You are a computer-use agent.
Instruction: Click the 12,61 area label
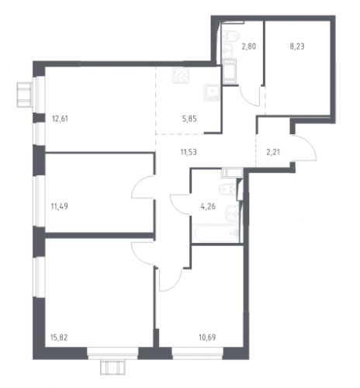pos(60,119)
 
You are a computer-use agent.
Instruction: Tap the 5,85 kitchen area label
pos(189,119)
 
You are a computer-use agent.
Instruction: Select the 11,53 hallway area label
pos(189,152)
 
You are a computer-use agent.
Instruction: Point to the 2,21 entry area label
pos(273,152)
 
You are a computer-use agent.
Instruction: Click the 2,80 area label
pos(249,47)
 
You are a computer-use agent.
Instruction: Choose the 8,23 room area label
pos(297,47)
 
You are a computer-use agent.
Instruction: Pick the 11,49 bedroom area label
pos(60,206)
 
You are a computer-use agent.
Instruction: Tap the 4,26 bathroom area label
pos(208,206)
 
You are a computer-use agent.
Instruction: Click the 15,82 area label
pos(59,338)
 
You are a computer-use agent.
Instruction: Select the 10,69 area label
pos(207,338)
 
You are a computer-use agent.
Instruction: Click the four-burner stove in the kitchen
pos(181,75)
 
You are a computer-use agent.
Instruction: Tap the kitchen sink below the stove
pos(212,92)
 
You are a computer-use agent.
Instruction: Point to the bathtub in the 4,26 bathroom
pos(216,233)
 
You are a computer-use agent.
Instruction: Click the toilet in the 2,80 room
pos(230,36)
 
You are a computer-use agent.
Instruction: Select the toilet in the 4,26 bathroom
pos(228,189)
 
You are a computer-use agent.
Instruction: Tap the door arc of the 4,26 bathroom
pos(178,204)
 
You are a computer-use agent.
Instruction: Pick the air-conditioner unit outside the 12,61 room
pos(25,95)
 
